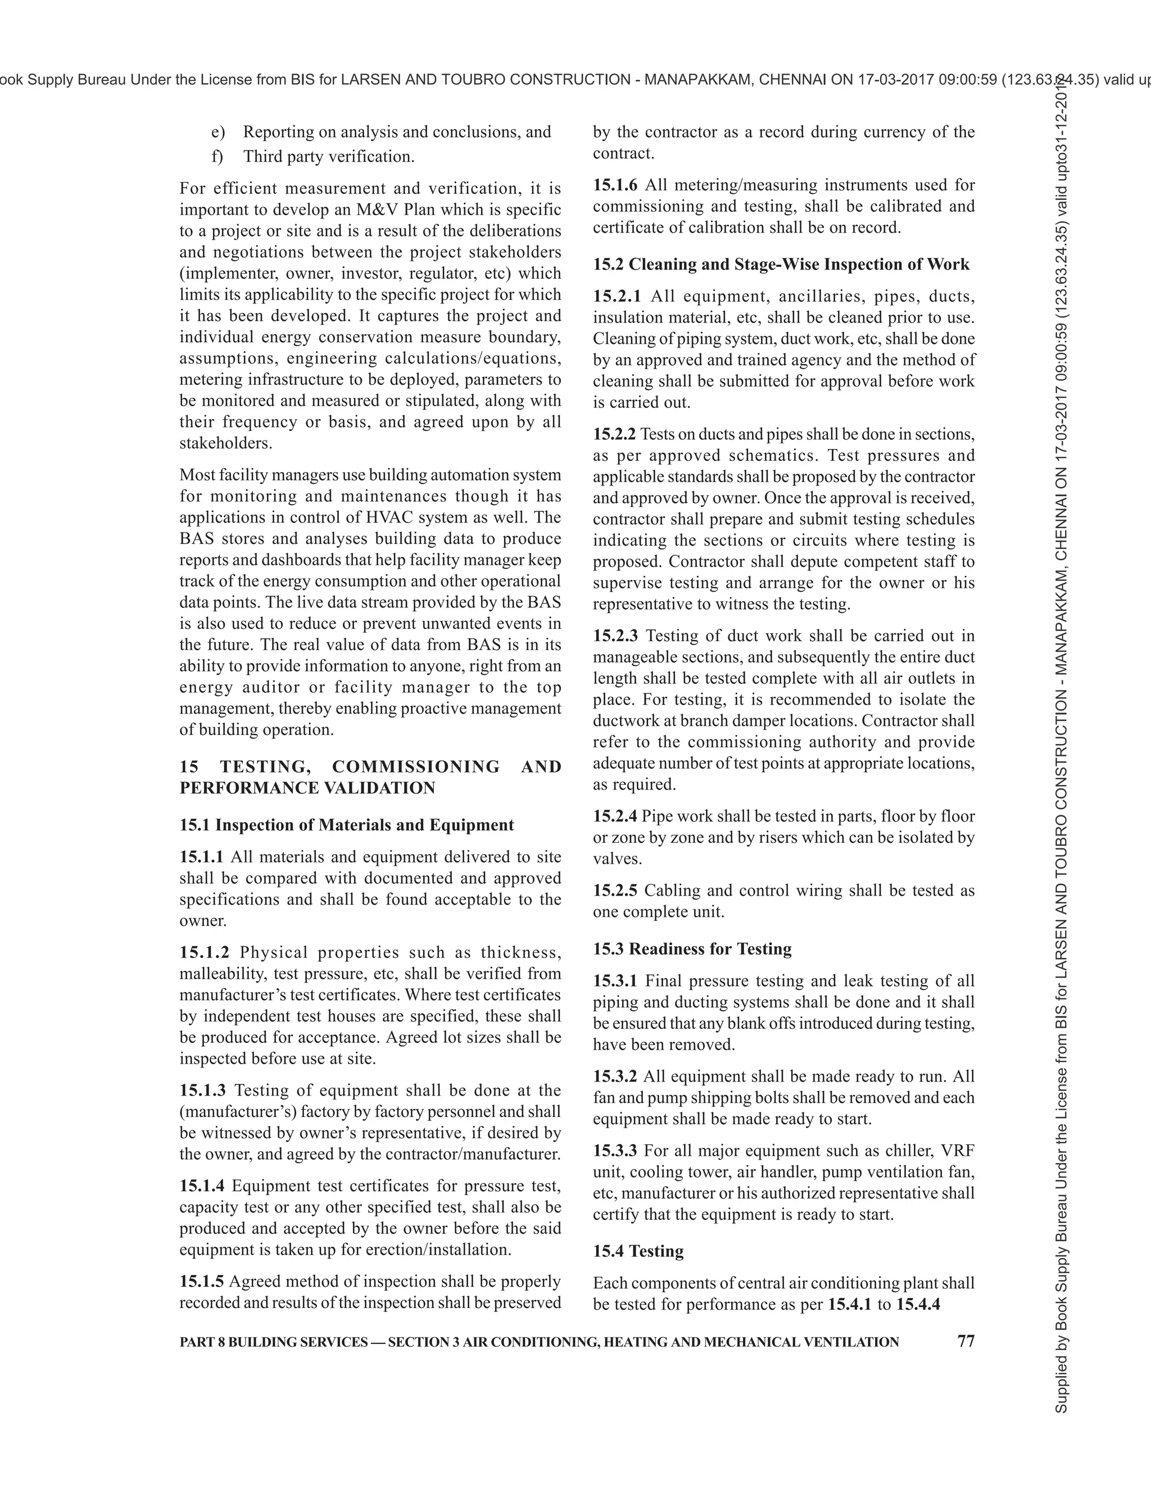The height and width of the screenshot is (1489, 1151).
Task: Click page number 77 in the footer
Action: point(966,1341)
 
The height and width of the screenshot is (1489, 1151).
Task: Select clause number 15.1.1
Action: point(201,857)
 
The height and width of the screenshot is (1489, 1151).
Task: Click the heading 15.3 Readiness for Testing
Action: point(691,949)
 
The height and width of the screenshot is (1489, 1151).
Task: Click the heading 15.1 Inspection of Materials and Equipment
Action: point(346,825)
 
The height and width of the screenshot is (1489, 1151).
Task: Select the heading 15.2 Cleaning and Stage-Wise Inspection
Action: point(781,265)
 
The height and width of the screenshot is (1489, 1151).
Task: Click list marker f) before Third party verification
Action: point(217,157)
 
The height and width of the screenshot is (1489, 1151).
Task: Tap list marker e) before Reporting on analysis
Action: point(217,132)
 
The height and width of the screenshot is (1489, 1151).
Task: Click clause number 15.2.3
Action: point(615,636)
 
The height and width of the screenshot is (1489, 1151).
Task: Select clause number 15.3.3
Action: point(614,1151)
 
